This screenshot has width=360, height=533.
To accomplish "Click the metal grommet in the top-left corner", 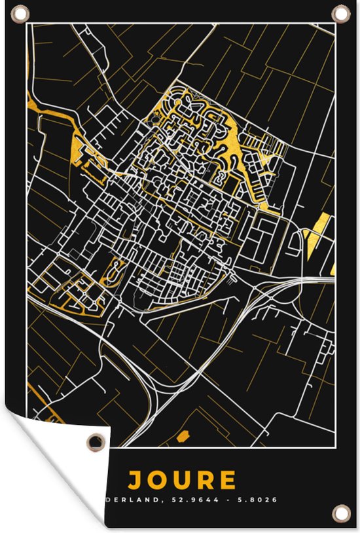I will pyautogui.click(x=20, y=14).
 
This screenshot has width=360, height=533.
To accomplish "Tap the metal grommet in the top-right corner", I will pyautogui.click(x=340, y=13).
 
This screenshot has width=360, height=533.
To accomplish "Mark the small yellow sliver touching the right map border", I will pyautogui.click(x=333, y=268).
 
